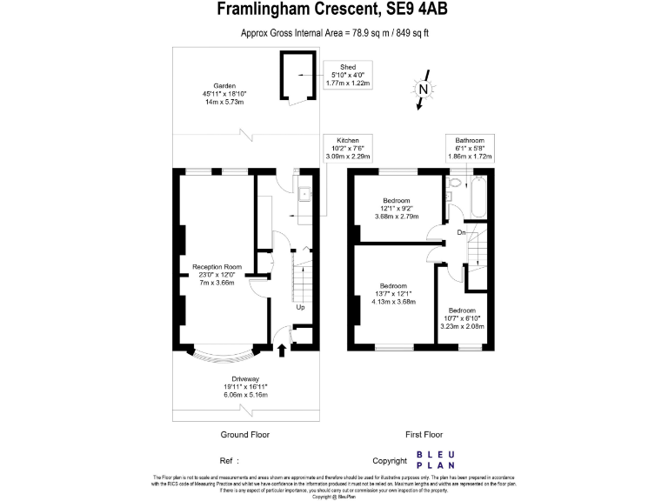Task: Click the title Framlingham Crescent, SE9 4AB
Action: pyautogui.click(x=334, y=10)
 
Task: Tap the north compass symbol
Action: pyautogui.click(x=422, y=90)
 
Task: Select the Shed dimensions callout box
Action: pyautogui.click(x=348, y=75)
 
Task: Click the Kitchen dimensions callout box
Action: pyautogui.click(x=348, y=149)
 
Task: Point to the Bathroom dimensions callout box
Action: pyautogui.click(x=470, y=149)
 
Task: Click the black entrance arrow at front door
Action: pyautogui.click(x=282, y=350)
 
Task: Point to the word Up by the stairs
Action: pyautogui.click(x=300, y=307)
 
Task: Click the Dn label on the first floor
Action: pyautogui.click(x=462, y=232)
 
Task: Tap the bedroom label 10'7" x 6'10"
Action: pyautogui.click(x=462, y=318)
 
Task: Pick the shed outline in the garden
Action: pyautogui.click(x=293, y=77)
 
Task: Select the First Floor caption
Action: pyautogui.click(x=424, y=433)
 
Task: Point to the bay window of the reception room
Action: pyautogui.click(x=224, y=356)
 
